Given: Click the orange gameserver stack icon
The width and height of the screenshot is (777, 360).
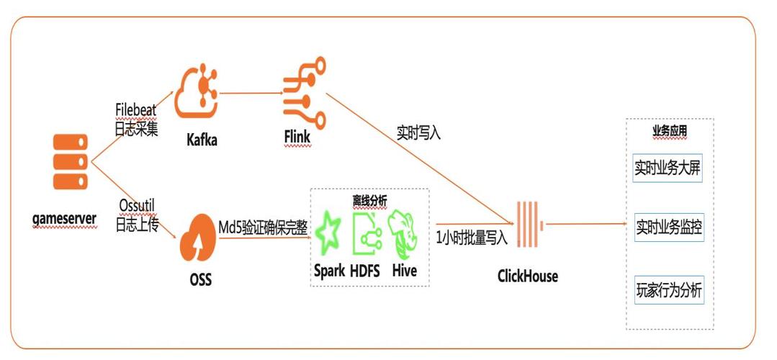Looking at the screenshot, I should click(70, 161).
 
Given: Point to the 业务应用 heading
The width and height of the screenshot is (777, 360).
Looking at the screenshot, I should click(669, 132).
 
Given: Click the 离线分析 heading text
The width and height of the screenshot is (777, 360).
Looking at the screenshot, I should click(369, 200).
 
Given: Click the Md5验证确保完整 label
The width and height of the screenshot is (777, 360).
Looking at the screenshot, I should click(263, 227).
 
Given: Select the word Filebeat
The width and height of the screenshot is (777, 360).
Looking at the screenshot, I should click(136, 109).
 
